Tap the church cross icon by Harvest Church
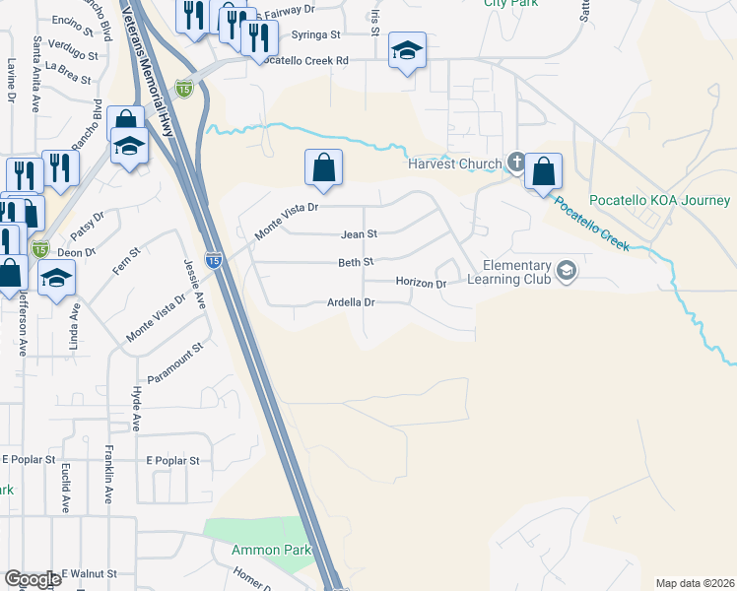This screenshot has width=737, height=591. (x=515, y=163)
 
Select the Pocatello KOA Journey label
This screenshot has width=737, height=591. (x=660, y=200)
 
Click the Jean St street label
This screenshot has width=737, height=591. (x=359, y=234)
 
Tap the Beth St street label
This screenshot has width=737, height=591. (x=356, y=263)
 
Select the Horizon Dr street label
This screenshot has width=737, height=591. (x=422, y=283)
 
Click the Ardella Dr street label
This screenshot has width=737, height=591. (x=352, y=302)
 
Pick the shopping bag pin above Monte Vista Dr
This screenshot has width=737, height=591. (x=323, y=168)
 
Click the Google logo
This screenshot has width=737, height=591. (x=33, y=579)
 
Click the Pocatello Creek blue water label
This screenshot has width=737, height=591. (x=590, y=223)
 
